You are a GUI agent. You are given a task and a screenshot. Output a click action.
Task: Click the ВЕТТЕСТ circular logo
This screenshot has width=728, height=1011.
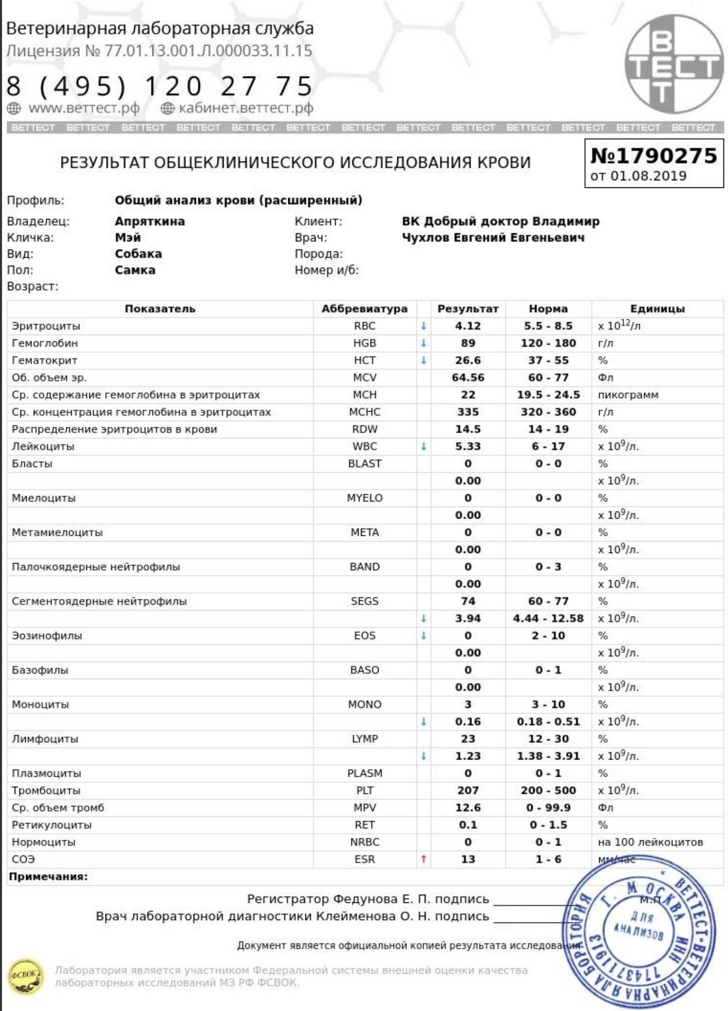[673, 64]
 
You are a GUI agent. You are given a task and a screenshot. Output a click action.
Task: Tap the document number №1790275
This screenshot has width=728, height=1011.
[654, 156]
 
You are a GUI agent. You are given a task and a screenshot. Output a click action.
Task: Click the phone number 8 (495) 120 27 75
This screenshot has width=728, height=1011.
[160, 86]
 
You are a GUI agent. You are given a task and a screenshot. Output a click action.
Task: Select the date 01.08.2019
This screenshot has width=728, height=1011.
[648, 176]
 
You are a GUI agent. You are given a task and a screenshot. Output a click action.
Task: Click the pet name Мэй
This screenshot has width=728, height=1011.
[128, 237]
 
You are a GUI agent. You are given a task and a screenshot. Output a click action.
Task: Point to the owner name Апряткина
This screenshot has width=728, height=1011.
[149, 221]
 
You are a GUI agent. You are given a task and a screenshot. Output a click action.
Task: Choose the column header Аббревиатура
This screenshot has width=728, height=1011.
[364, 309]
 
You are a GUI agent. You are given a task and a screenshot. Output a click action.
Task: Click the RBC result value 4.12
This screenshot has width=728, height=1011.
[467, 326]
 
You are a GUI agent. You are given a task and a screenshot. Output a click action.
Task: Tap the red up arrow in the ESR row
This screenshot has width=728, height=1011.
[424, 859]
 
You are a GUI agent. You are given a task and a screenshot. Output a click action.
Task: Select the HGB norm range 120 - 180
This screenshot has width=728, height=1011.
[548, 343]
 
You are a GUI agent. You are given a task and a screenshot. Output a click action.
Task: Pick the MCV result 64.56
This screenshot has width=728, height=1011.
[467, 378]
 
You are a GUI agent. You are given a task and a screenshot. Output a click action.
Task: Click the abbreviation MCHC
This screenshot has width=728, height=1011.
[364, 412]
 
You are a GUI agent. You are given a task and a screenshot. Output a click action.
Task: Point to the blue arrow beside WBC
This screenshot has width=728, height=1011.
[424, 446]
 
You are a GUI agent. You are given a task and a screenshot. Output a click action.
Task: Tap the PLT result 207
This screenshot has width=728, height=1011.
[467, 790]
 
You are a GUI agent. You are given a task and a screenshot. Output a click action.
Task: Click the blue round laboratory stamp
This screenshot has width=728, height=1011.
[638, 932]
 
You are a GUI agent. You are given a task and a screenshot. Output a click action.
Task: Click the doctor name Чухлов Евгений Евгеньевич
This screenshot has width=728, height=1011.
[493, 237]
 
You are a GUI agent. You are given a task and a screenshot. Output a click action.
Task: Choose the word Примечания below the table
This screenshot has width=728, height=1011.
[48, 877]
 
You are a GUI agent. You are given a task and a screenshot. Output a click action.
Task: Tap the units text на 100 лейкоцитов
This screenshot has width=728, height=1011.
[650, 842]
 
